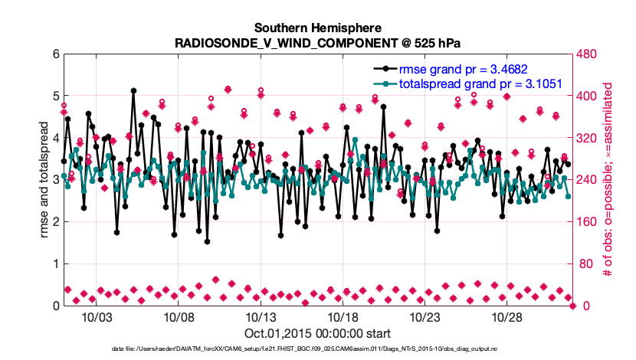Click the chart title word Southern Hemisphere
pos(317,27)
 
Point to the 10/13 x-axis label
pos(260,317)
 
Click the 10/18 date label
pos(342,317)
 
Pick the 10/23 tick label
pos(424,317)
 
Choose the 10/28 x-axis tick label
pos(506,317)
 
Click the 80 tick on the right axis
pos(584,264)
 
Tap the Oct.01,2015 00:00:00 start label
pos(317,333)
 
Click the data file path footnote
pos(317,349)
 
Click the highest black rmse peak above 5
pos(134,90)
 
